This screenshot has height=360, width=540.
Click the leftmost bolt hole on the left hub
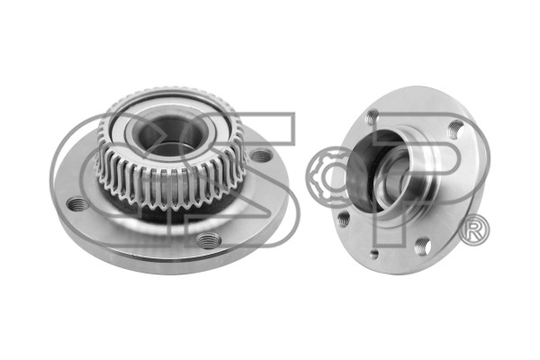click(75, 202)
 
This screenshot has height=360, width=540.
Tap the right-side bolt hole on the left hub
click(260, 157)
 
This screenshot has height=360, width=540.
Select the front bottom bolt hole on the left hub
click(208, 239)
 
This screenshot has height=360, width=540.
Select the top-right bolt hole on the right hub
click(455, 128)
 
